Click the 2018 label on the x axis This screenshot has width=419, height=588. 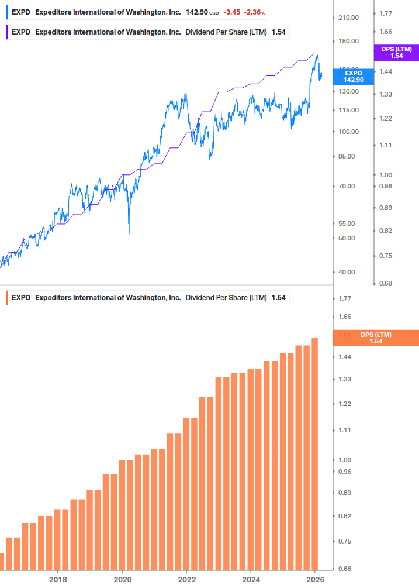coord(57,579)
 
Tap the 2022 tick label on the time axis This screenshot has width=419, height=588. coord(186,579)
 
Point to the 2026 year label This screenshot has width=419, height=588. coord(315,579)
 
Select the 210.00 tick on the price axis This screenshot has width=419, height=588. coord(348,18)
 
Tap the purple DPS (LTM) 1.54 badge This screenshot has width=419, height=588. coord(396,53)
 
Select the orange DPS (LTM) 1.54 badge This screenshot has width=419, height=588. coord(376,338)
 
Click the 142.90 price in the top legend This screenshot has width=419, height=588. coord(196,12)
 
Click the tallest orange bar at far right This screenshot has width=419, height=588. coord(314,453)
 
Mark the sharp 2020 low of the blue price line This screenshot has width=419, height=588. coord(129,233)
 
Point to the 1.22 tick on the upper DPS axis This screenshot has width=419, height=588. coord(387,119)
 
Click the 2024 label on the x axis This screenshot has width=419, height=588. coord(251,579)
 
